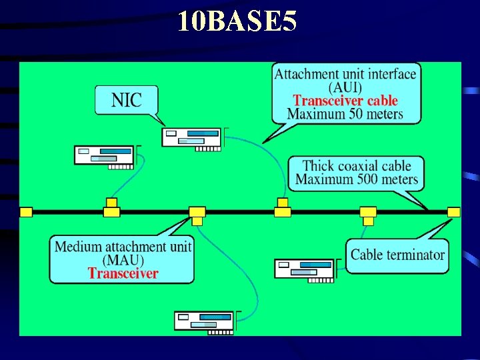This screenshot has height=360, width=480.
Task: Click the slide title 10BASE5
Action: [x=237, y=22]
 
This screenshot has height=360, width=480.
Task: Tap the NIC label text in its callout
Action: [x=127, y=101]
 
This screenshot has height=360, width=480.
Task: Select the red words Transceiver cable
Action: [x=345, y=101]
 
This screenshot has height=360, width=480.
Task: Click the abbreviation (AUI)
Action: [x=345, y=87]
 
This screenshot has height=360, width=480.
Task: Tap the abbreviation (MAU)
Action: [x=123, y=260]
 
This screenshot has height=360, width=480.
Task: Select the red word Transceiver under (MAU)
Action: [x=123, y=273]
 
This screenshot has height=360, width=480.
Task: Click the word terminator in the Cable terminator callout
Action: [x=415, y=255]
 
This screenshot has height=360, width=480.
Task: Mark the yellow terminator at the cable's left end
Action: [x=26, y=212]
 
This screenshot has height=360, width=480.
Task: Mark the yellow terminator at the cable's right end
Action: [x=453, y=212]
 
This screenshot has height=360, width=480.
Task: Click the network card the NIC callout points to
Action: [x=192, y=137]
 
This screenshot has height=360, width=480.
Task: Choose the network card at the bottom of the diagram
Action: [x=204, y=321]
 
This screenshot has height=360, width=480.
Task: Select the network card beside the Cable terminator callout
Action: [x=304, y=268]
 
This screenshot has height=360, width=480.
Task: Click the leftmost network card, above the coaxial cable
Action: [x=104, y=155]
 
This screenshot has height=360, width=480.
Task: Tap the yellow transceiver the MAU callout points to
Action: [x=197, y=212]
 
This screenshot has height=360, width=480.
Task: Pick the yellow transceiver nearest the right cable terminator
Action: [x=368, y=213]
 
